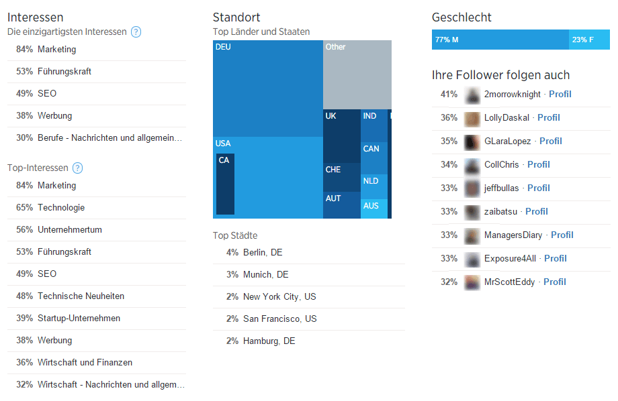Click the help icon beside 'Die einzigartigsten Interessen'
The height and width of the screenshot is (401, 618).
136,32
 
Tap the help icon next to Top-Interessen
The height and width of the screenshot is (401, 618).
78,168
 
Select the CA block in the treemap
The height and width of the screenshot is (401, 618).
225,184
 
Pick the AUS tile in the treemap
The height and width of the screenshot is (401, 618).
374,209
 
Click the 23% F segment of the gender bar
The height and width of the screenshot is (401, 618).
590,40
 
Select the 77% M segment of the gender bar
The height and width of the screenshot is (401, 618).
500,40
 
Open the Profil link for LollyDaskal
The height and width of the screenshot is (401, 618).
548,117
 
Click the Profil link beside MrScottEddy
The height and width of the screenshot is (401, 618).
554,282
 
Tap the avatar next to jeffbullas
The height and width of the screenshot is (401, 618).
472,188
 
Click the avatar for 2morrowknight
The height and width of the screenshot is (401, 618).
472,94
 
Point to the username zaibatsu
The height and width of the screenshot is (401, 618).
500,211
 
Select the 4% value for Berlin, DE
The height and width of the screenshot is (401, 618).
232,252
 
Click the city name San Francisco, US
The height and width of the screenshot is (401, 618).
279,319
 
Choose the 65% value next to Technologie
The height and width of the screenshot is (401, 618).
25,207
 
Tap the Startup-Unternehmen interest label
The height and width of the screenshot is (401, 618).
79,318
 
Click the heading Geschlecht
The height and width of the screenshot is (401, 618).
461,17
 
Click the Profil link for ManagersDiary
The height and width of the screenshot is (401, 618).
562,235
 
